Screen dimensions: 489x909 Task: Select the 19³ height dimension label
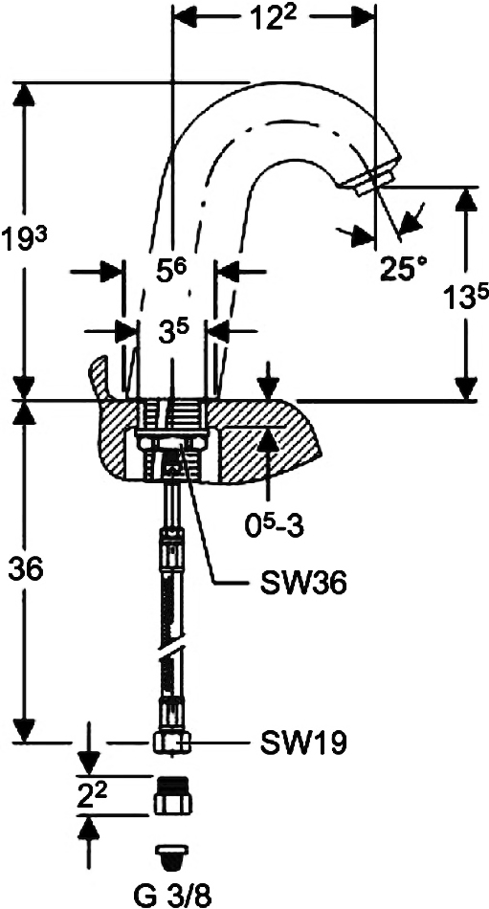[21, 239]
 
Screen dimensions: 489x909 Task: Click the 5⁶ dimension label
[170, 270]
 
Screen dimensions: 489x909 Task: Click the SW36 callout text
[304, 585]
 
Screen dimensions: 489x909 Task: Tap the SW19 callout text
[303, 743]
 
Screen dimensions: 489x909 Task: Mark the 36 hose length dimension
[26, 570]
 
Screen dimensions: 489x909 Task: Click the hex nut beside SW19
[172, 743]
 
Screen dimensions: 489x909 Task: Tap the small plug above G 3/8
[172, 857]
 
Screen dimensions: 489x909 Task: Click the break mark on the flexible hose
[172, 652]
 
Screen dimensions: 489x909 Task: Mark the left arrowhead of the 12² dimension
[186, 17]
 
